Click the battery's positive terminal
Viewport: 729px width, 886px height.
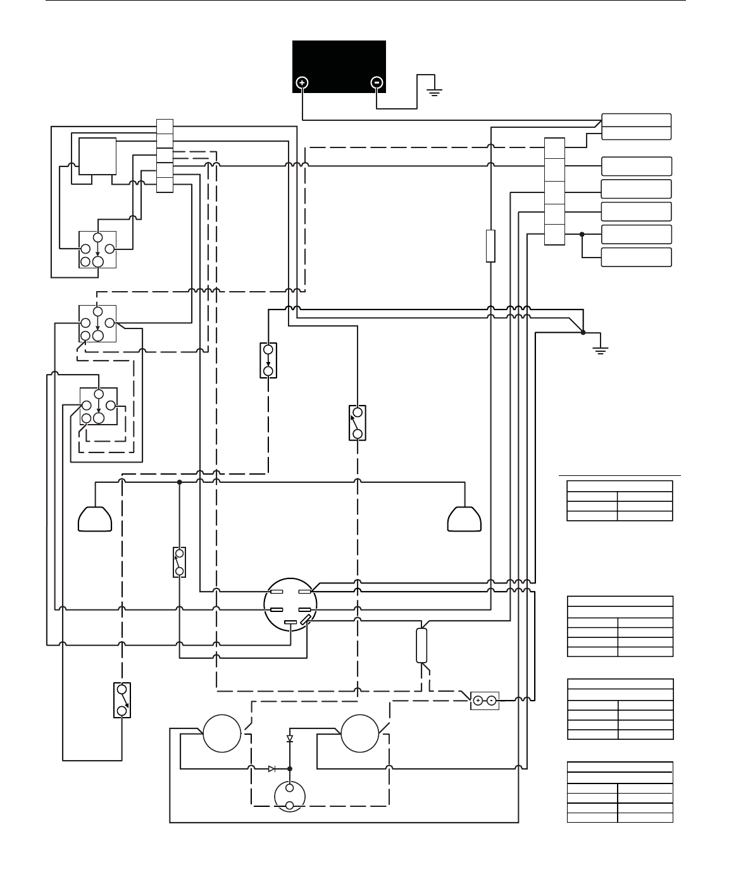coord(302,82)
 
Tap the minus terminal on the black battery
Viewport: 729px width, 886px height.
coord(377,82)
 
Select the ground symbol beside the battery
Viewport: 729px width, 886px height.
coord(434,91)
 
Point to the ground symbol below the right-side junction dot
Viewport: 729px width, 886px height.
coord(601,350)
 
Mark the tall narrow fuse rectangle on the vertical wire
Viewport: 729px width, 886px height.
coord(490,246)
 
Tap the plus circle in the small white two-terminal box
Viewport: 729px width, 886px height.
coord(478,701)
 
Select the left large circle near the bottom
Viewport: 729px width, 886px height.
coord(222,733)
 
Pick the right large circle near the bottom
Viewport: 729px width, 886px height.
coord(360,733)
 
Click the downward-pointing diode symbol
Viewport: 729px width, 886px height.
coord(290,739)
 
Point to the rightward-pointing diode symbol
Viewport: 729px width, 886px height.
coord(271,768)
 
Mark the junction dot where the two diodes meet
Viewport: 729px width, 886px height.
coord(290,768)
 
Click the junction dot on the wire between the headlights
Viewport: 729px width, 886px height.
coord(180,482)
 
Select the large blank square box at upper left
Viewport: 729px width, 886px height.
coord(97,156)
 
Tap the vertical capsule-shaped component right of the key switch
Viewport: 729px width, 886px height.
coord(422,645)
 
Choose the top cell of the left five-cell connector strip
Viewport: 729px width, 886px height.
coord(165,126)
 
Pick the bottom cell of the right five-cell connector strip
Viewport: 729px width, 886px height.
coord(555,235)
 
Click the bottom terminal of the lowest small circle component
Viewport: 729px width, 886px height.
coord(290,806)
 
